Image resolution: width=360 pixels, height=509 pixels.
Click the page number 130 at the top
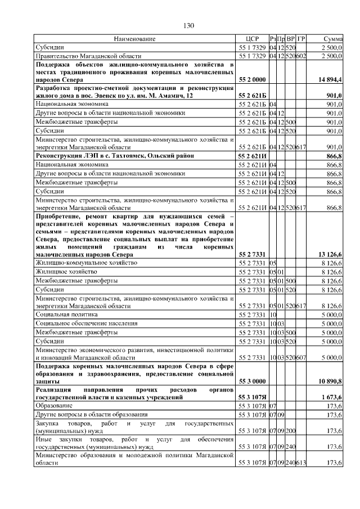coord(188,25)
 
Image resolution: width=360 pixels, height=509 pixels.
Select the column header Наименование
coord(134,39)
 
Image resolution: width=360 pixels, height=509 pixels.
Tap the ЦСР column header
coord(251,39)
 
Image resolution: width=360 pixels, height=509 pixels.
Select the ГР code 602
coord(301,56)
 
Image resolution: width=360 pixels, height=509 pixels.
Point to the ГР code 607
coord(301,357)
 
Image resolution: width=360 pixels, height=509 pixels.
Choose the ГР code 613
coord(301,462)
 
